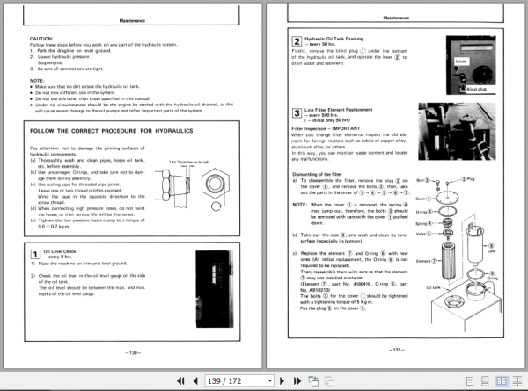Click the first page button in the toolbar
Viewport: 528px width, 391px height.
click(x=180, y=380)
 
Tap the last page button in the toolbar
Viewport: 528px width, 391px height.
click(x=297, y=380)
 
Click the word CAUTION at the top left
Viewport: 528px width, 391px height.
click(x=42, y=40)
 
